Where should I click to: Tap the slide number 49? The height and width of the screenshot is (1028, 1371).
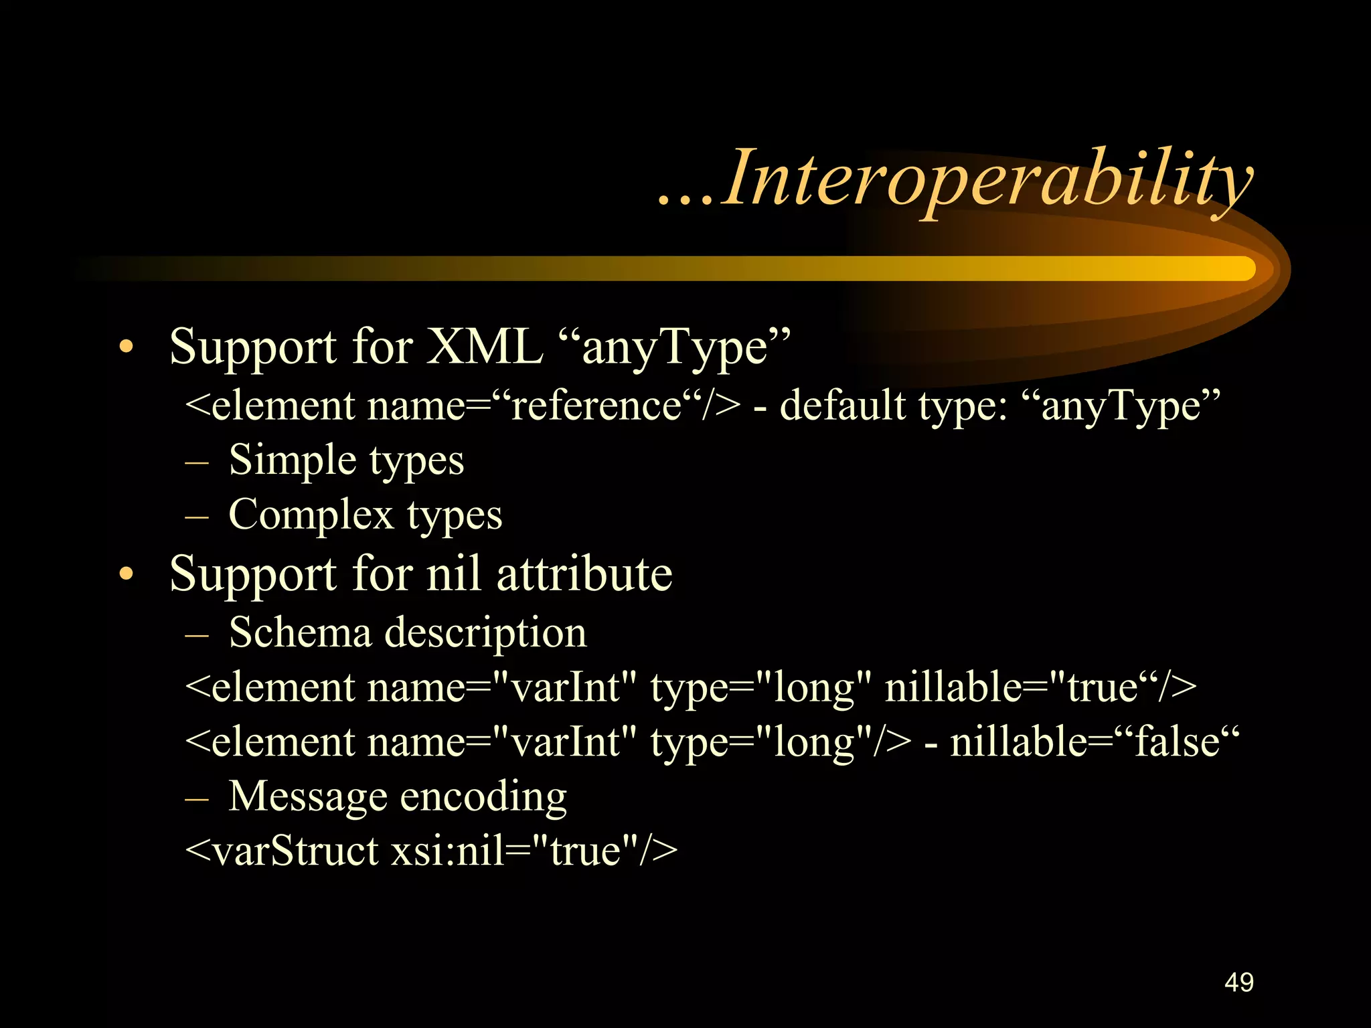1238,982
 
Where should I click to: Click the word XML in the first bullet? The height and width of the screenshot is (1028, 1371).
485,347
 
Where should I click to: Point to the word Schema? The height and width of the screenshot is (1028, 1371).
300,632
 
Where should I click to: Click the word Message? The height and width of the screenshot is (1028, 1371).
308,796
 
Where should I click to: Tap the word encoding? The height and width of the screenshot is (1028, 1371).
483,797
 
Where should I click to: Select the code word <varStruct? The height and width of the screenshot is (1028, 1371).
281,851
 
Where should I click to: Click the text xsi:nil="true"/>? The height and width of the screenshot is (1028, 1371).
534,851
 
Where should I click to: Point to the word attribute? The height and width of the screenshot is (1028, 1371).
584,574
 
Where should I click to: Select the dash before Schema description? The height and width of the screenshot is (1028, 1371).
197,633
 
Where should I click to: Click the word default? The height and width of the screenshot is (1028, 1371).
842,406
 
